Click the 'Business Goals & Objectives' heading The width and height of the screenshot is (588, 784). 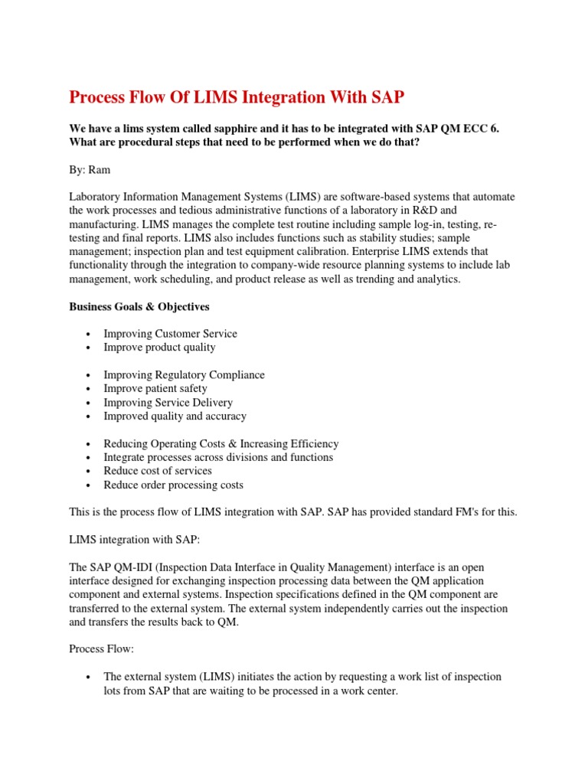(x=139, y=306)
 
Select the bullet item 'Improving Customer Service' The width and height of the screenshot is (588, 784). (x=171, y=334)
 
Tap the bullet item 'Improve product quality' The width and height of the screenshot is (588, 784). (x=160, y=348)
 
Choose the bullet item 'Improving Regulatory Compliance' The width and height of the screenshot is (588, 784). (x=185, y=375)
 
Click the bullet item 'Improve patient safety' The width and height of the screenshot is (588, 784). (x=155, y=389)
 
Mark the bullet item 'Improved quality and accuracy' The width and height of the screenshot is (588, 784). (x=175, y=416)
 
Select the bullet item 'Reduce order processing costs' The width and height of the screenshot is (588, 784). (x=174, y=485)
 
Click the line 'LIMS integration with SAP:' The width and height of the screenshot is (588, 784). (x=135, y=540)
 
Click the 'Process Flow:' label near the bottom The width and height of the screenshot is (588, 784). (x=102, y=649)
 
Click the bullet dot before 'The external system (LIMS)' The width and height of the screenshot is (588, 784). (x=90, y=678)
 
